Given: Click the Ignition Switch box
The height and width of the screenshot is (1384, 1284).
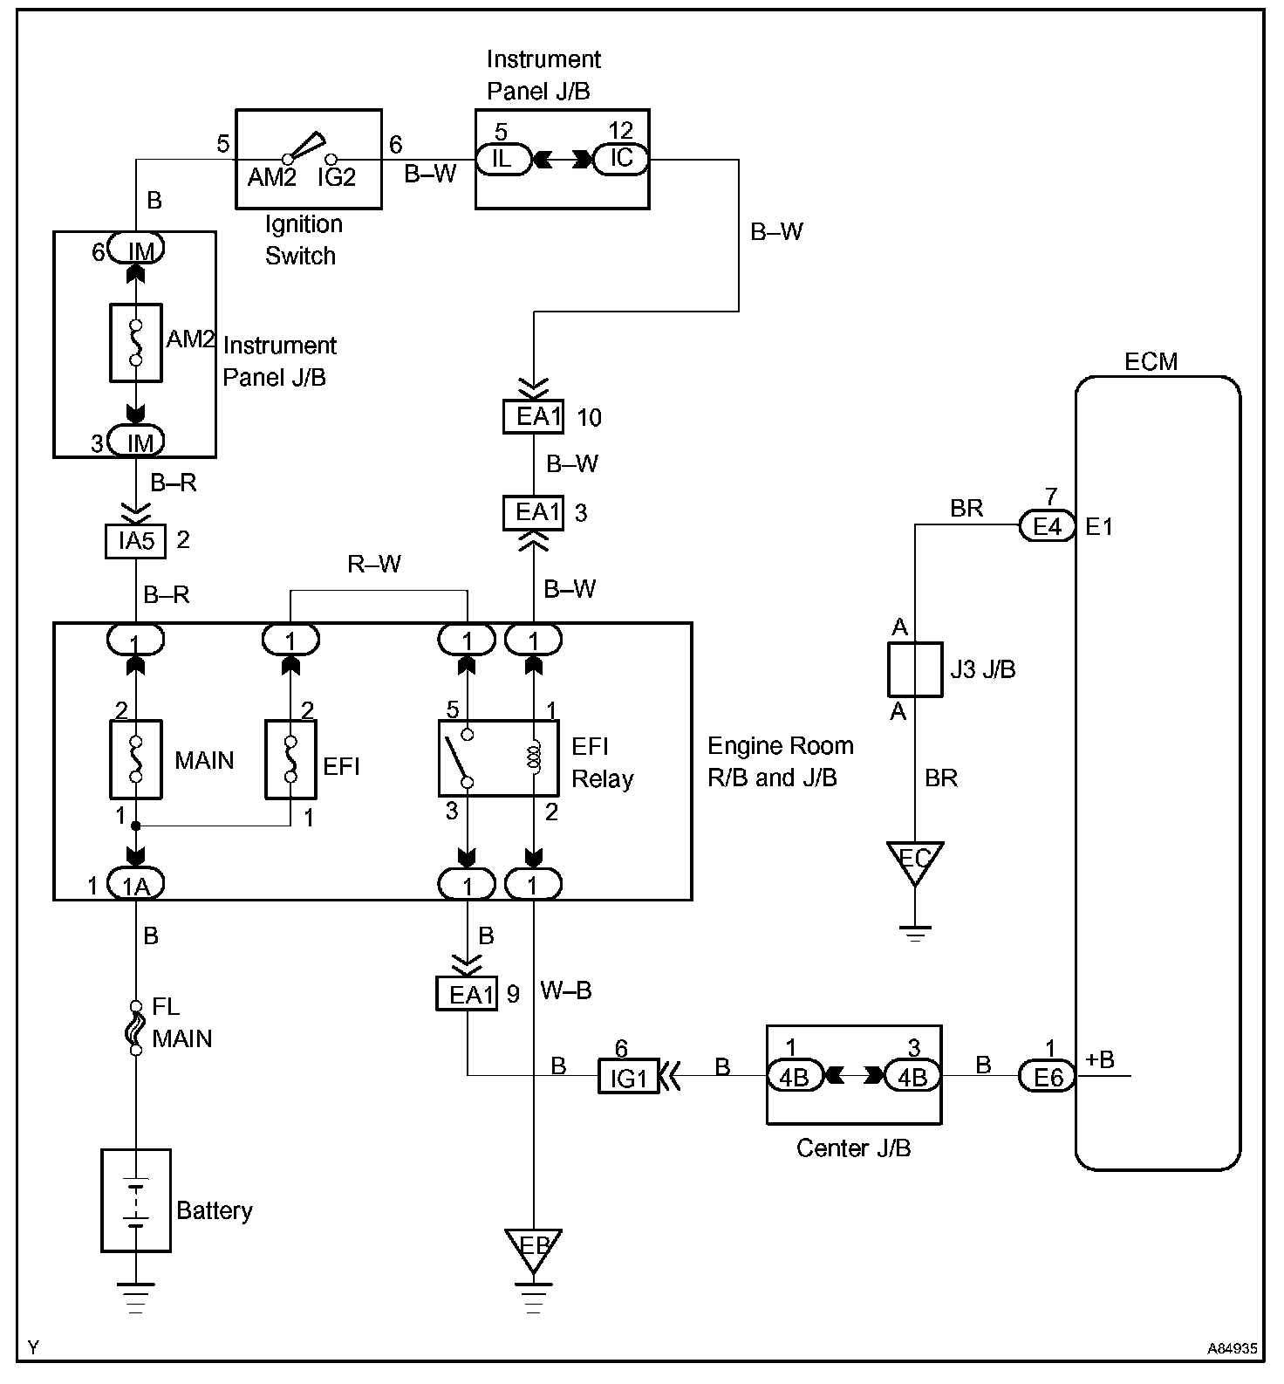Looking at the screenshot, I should coord(309,159).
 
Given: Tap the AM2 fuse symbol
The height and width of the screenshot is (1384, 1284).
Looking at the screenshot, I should coord(136,343).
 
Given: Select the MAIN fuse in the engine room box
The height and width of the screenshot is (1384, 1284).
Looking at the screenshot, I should coord(136,759).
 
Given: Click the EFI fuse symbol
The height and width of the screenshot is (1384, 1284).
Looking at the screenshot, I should coord(290,759).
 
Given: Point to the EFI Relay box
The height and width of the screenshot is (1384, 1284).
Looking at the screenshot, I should coord(498,757).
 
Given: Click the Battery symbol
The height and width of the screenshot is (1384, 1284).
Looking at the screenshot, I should coord(136,1201).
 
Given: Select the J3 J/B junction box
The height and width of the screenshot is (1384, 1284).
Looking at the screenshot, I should coord(915,669).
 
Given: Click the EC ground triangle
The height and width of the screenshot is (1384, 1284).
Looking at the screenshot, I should coord(915,860).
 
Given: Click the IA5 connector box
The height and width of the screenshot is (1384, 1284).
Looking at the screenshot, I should coord(136,540).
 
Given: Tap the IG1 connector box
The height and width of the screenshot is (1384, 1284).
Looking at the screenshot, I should coord(628,1076).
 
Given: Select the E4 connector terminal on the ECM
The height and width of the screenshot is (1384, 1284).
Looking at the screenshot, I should coord(1047,526).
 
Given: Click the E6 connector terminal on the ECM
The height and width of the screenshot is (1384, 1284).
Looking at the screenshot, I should coord(1047,1077).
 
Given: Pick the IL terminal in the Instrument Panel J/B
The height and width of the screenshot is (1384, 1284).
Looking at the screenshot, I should coord(502,159).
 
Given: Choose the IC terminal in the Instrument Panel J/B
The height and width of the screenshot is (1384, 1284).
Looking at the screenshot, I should coord(621,159).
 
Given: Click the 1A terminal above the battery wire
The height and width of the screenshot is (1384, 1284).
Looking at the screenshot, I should coord(136,886).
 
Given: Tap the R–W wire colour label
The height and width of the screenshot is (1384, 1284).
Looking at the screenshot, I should coord(374,565).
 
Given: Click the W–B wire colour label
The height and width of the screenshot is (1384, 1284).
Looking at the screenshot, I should coord(566,990).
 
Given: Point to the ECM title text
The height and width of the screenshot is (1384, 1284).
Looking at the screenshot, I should coord(1151,361).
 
